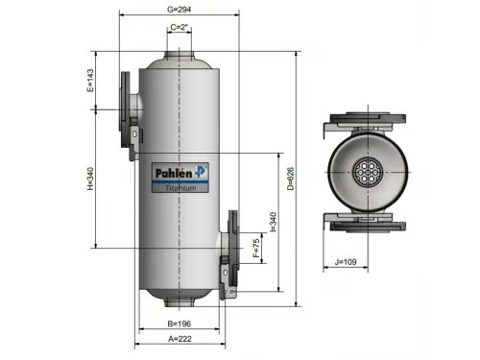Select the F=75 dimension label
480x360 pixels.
[255, 249]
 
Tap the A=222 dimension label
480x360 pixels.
[180, 340]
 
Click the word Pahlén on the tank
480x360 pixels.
[175, 173]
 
